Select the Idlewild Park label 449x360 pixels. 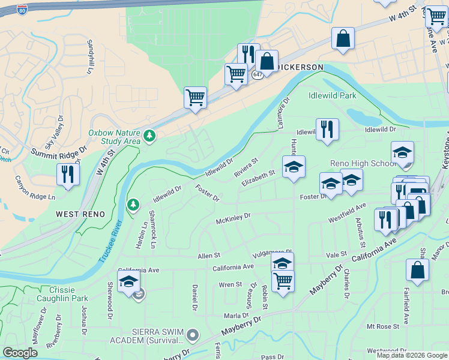[332, 95]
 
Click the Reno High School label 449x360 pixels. [363, 164]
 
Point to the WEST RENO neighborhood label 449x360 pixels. [80, 214]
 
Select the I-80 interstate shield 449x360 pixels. [22, 10]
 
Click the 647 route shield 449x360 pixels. [258, 74]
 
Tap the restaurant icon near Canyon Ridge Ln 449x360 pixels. [67, 174]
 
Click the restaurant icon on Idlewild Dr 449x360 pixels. [327, 129]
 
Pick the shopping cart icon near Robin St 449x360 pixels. [282, 280]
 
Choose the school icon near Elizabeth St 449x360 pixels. [294, 167]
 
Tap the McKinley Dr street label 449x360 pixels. [233, 217]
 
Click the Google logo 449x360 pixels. [20, 353]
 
